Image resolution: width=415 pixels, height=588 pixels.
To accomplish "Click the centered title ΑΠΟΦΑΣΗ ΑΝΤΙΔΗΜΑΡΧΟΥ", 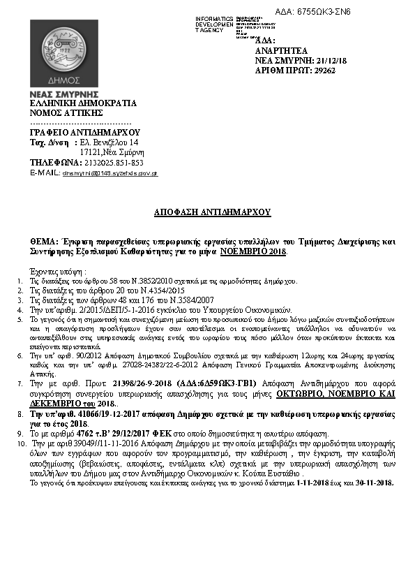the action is click(x=212, y=212).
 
